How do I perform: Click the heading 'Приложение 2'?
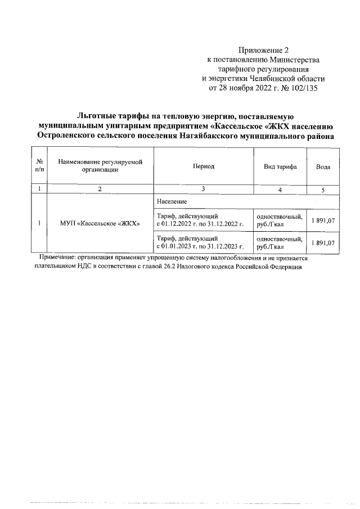point(263,50)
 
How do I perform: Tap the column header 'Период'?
point(203,166)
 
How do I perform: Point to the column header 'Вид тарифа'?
point(280,167)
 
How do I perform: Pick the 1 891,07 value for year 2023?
point(323,242)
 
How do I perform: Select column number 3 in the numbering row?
point(203,189)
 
